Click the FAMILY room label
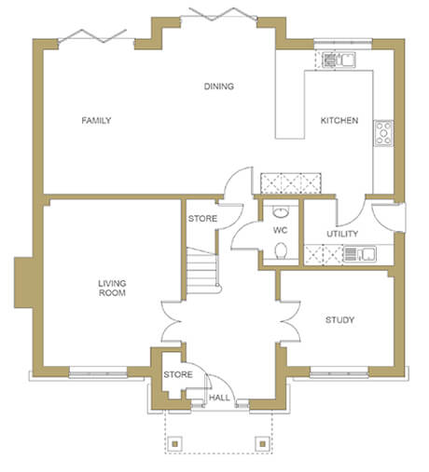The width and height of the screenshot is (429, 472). coord(96,120)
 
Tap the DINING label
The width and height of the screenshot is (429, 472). coord(219,87)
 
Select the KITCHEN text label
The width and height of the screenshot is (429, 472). coord(339,120)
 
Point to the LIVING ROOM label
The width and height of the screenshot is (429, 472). coord(112,288)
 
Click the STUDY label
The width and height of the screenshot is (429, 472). coord(339,320)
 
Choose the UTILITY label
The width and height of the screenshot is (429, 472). coord(342,234)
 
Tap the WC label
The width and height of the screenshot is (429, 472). coord(280,230)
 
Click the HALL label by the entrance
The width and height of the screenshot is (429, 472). coord(219,398)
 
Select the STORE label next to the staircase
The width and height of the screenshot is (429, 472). coord(202,219)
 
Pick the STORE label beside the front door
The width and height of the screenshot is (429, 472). coord(178,374)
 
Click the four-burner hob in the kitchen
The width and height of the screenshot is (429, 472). coord(383,133)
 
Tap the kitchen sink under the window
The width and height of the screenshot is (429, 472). coord(339,60)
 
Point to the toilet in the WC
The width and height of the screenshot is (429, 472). coord(281,250)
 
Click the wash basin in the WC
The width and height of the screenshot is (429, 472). coord(281,212)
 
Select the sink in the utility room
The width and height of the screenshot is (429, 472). coord(360,254)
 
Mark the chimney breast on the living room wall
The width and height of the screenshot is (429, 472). coord(23,283)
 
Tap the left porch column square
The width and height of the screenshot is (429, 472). coord(175,444)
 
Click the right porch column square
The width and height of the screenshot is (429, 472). coord(263,444)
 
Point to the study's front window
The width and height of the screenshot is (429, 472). coord(339,372)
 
